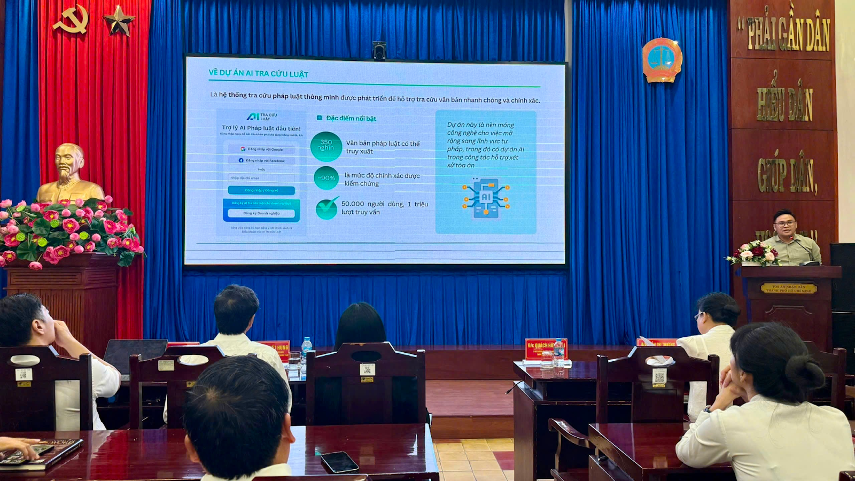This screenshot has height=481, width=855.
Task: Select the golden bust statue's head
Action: [x=69, y=161]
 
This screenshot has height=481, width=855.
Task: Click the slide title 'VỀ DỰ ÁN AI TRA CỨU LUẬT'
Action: [x=258, y=73]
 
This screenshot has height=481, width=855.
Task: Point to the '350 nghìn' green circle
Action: [x=326, y=146]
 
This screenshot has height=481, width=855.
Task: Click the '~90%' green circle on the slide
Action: [x=327, y=178]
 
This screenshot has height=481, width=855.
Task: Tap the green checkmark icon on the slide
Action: [x=327, y=208]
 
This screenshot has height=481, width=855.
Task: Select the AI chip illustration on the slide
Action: [x=486, y=198]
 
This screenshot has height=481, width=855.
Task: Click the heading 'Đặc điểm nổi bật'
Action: [x=351, y=118]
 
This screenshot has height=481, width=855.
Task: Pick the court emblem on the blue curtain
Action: [x=662, y=60]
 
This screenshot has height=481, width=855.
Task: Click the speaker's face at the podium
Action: [x=784, y=224]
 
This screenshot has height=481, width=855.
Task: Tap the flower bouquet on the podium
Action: [x=754, y=253]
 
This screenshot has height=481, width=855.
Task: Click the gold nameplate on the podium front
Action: [x=789, y=288]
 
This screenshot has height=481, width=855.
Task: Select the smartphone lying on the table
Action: [x=339, y=462]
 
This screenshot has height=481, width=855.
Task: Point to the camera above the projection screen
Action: [x=379, y=50]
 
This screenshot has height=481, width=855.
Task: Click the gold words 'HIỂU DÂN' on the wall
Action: [x=784, y=104]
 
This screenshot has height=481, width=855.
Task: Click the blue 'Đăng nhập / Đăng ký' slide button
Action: [x=261, y=190]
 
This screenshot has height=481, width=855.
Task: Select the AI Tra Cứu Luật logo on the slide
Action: [x=261, y=117]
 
